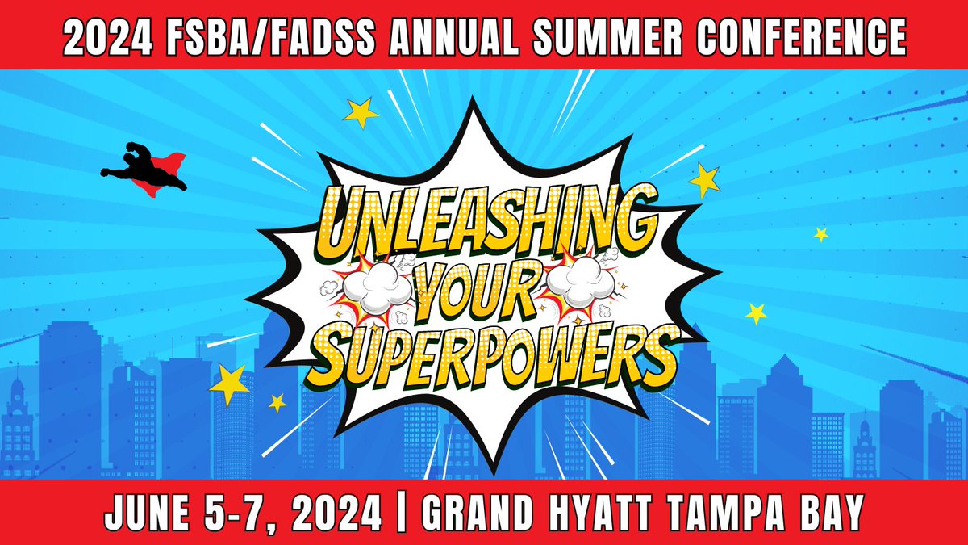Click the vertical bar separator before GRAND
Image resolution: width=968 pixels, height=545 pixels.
(401, 512)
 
